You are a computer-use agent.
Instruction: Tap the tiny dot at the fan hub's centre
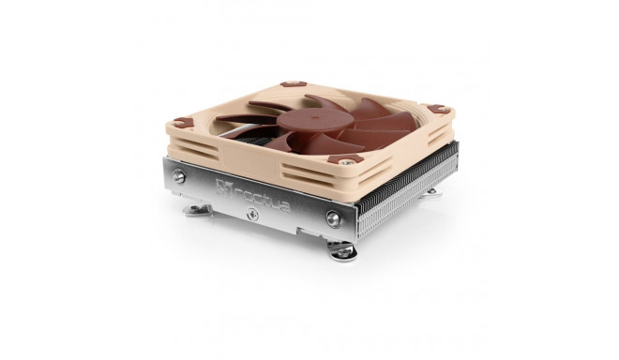313,117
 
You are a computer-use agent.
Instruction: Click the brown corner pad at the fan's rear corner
294,83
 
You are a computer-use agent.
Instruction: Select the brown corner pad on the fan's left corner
184,123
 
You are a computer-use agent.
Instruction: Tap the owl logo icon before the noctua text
222,187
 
